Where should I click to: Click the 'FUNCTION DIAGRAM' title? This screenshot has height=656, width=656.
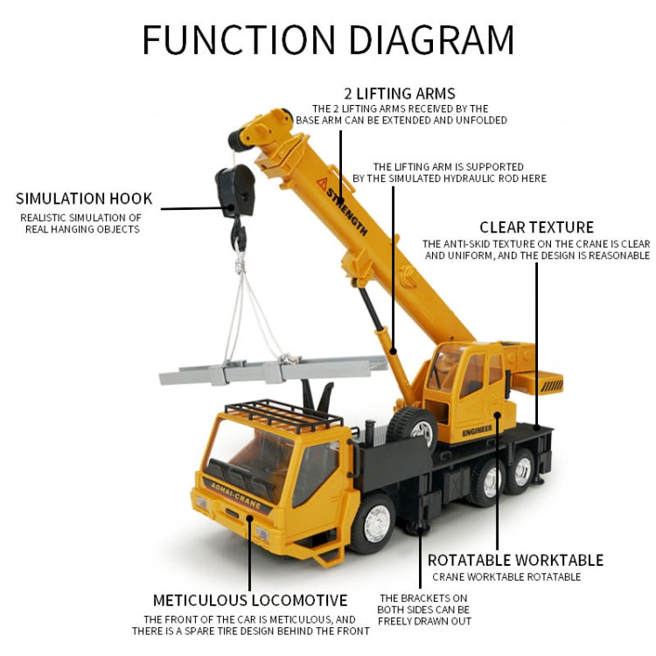[x=328, y=40]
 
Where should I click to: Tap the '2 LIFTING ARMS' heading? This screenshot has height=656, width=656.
[x=400, y=94]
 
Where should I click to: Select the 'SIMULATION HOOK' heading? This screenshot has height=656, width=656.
[x=84, y=199]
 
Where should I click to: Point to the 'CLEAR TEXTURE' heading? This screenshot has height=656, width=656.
[x=536, y=227]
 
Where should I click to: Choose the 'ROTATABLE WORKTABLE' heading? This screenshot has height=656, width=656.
[x=515, y=560]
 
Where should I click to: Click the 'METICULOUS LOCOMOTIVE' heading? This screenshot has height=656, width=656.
[x=250, y=600]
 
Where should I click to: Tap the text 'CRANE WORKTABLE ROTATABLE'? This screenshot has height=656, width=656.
[x=506, y=577]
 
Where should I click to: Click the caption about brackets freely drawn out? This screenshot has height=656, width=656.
[x=424, y=610]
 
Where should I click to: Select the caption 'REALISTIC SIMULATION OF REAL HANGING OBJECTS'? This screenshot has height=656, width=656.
[x=81, y=223]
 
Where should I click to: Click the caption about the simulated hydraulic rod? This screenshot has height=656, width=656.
[x=449, y=172]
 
